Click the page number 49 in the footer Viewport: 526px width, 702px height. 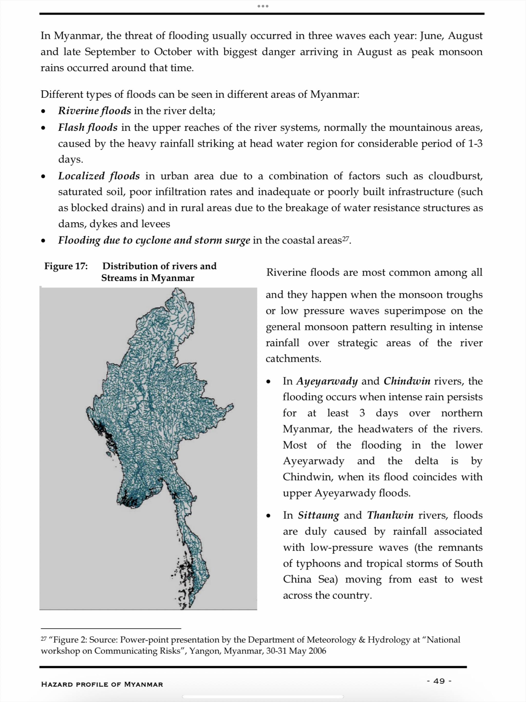(x=439, y=681)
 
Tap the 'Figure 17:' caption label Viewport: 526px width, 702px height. (x=66, y=266)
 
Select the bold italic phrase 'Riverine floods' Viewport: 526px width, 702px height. (x=94, y=111)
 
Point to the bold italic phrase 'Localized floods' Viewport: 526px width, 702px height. (x=99, y=176)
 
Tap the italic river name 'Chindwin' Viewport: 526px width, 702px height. (x=407, y=381)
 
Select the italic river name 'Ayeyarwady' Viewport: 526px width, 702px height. (x=327, y=381)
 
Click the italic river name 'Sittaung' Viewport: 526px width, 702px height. (x=318, y=515)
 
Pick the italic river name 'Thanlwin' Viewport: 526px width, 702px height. (x=390, y=515)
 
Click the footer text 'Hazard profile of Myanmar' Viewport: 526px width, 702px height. (x=102, y=684)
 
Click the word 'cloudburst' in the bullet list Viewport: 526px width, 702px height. (x=455, y=176)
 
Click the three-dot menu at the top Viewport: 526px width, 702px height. (x=263, y=6)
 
